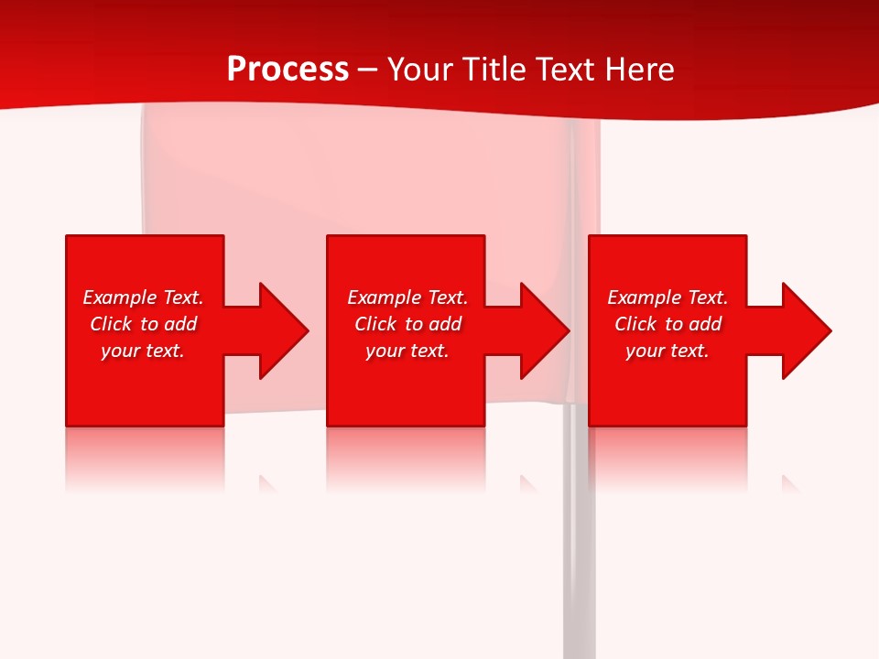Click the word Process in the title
pyautogui.click(x=288, y=70)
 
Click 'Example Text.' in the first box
pyautogui.click(x=143, y=297)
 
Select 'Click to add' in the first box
pyautogui.click(x=143, y=324)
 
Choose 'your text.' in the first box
pyautogui.click(x=143, y=351)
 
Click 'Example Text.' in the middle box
pyautogui.click(x=407, y=297)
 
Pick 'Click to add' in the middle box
pyautogui.click(x=407, y=324)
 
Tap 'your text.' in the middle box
pyautogui.click(x=407, y=351)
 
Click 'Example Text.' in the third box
pyautogui.click(x=667, y=297)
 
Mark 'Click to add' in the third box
pyautogui.click(x=667, y=324)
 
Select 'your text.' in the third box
pyautogui.click(x=667, y=351)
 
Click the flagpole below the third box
pyautogui.click(x=579, y=549)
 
